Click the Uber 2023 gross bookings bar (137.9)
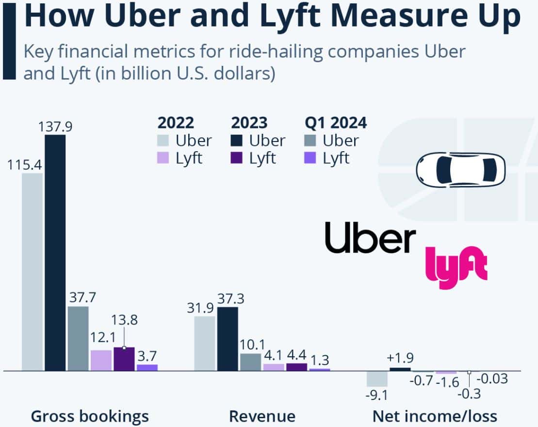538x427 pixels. [x=55, y=252]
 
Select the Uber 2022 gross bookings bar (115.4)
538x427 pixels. [x=32, y=271]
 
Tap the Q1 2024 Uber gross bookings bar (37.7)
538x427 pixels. [x=78, y=338]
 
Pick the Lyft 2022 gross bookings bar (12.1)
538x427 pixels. [x=101, y=360]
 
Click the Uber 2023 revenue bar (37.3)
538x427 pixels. [x=228, y=338]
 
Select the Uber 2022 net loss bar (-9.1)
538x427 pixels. [x=377, y=379]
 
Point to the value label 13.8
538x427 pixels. [x=125, y=320]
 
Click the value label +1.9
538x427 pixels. [x=400, y=359]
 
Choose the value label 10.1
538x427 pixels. [x=250, y=345]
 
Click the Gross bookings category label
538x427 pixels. [x=90, y=416]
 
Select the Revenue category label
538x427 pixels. [x=262, y=416]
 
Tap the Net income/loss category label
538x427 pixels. [x=435, y=416]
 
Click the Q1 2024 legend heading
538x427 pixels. [x=336, y=123]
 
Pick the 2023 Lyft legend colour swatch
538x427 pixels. [x=238, y=158]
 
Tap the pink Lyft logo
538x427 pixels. [x=456, y=265]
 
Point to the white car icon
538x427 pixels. [x=460, y=168]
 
